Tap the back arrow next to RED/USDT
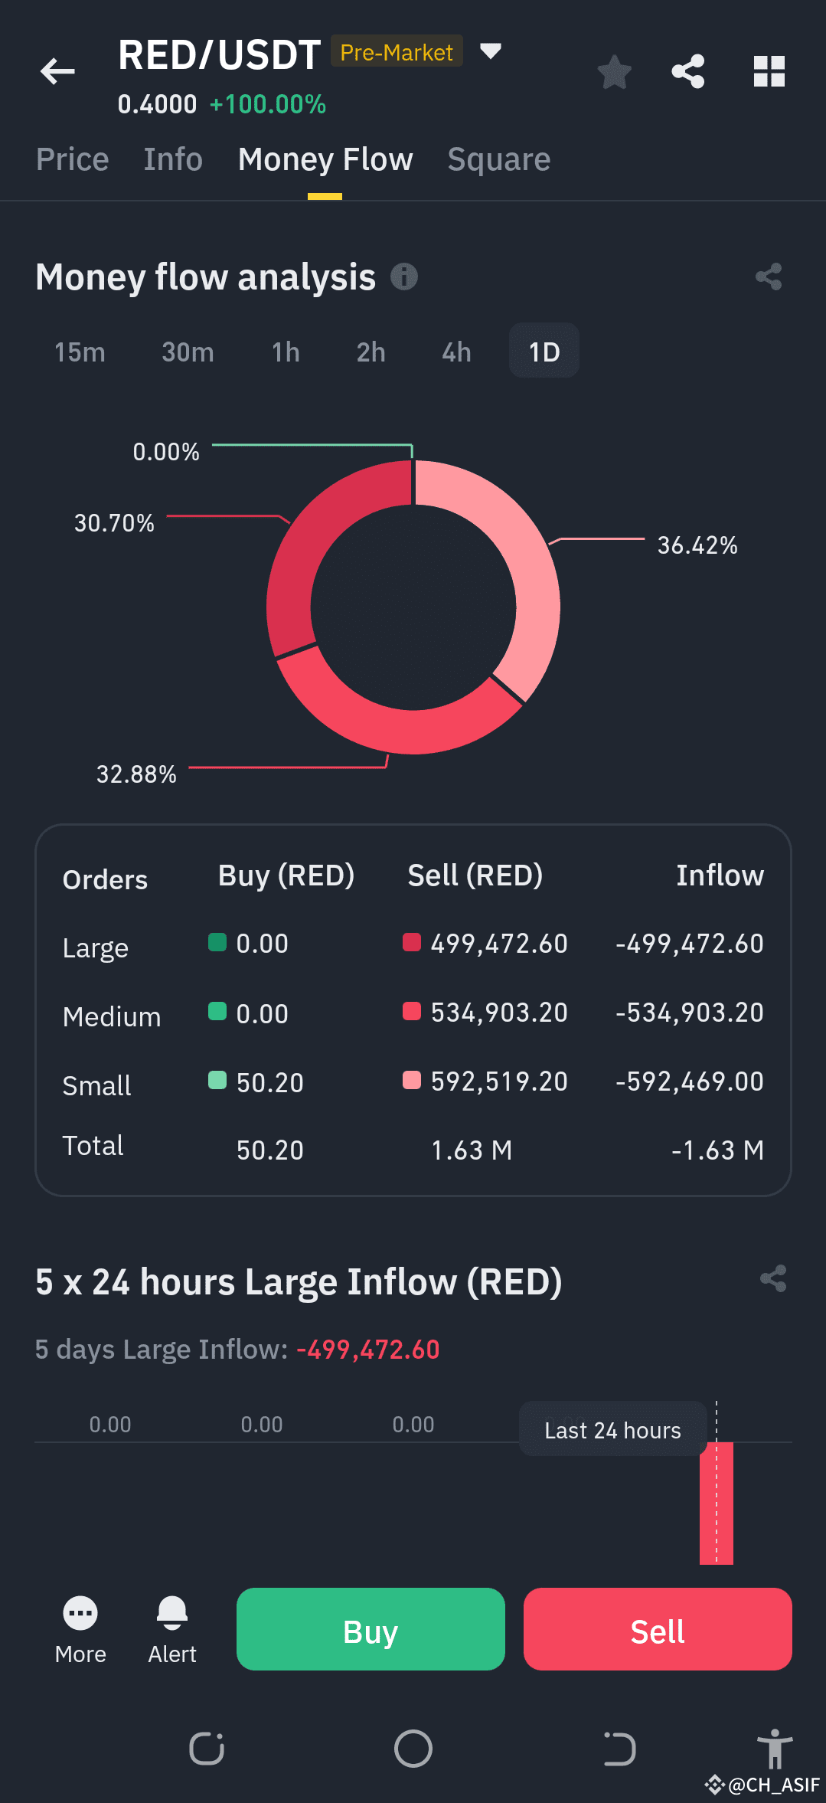tap(57, 71)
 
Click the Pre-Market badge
tap(397, 51)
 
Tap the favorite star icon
tap(614, 72)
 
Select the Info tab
tap(173, 159)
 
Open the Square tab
tap(499, 159)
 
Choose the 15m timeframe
tap(80, 352)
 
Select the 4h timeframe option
tap(456, 352)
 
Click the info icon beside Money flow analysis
tap(404, 277)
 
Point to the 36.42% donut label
tap(697, 545)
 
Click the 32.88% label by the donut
tap(136, 774)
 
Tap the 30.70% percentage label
tap(114, 523)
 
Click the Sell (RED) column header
tap(475, 875)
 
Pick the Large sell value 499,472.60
tap(499, 944)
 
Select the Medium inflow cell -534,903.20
tap(690, 1013)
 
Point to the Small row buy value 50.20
tap(270, 1083)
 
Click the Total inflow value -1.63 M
tap(717, 1150)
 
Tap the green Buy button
tap(371, 1629)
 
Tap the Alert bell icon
tap(172, 1612)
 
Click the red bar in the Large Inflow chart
tap(717, 1504)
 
